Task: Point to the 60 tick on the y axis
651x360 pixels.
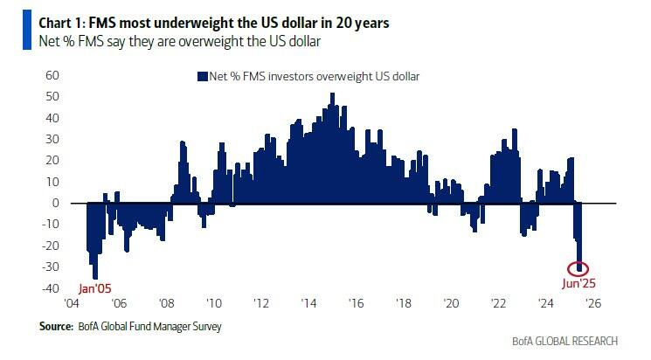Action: click(x=52, y=75)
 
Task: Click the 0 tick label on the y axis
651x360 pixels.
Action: click(x=55, y=203)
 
